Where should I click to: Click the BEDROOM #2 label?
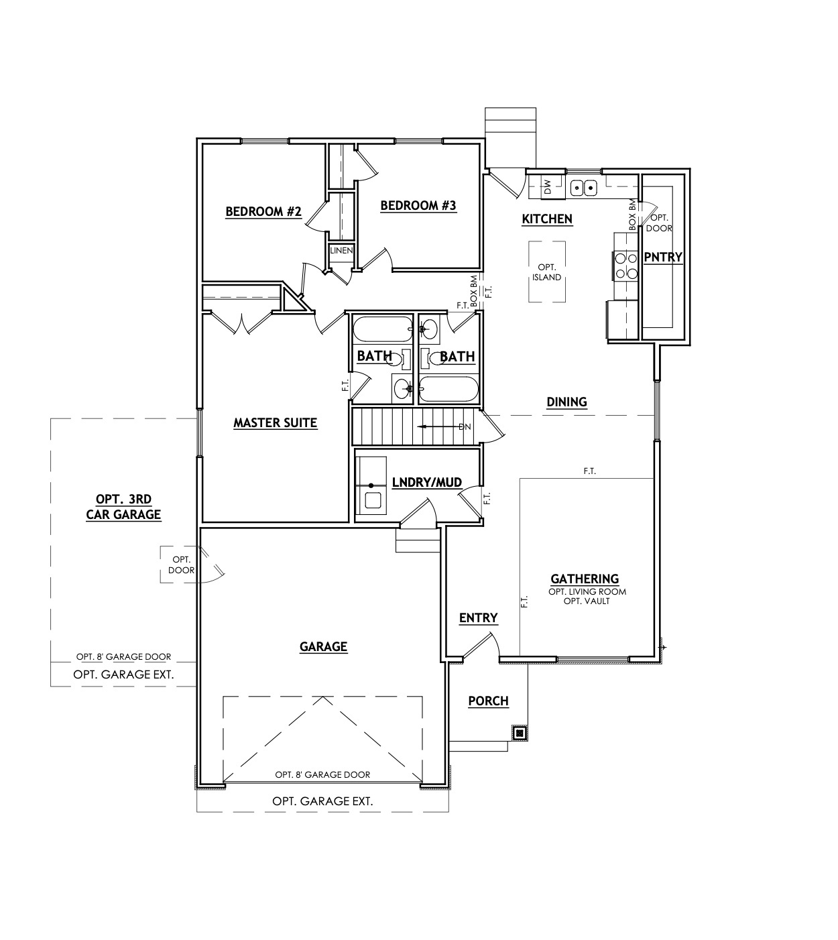[263, 212]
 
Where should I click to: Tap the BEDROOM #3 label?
[418, 206]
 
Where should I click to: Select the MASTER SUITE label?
[275, 423]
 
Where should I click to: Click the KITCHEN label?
[547, 219]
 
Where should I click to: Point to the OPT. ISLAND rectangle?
[546, 272]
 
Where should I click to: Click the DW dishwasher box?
[547, 187]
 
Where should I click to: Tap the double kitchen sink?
[583, 188]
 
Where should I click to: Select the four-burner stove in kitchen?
[625, 265]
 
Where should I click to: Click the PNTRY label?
[662, 257]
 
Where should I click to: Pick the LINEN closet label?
[341, 251]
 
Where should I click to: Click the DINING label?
[566, 402]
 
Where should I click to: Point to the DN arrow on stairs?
[442, 426]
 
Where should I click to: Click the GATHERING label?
[584, 579]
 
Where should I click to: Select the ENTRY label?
[478, 618]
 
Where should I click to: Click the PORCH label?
[488, 701]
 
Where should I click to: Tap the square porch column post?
[520, 733]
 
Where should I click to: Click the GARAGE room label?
[323, 647]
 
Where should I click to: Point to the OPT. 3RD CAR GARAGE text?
[123, 507]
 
